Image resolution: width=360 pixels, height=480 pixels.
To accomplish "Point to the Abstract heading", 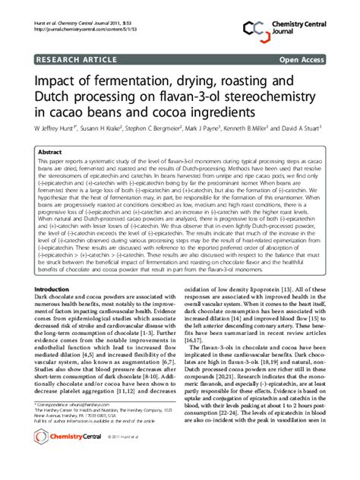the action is [49, 152].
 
